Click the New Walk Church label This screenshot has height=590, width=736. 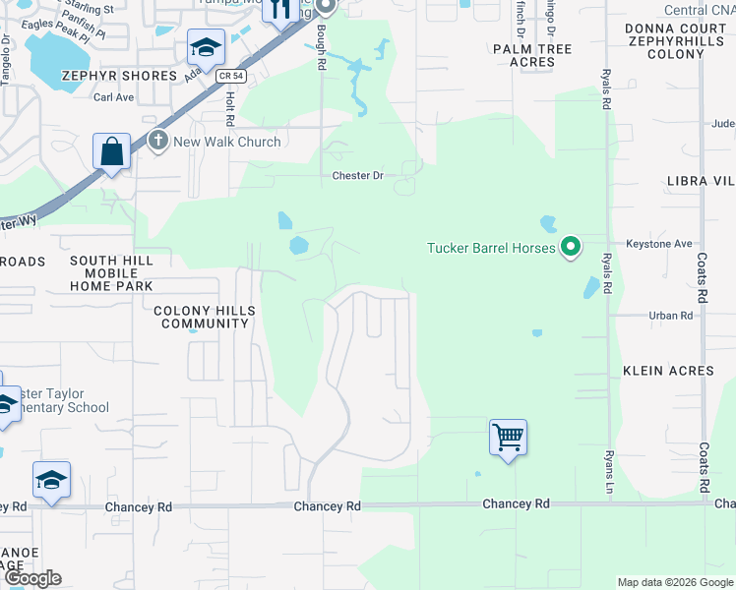pos(227,142)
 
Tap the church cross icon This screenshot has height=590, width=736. pos(158,141)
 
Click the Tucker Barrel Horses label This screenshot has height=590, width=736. pos(492,247)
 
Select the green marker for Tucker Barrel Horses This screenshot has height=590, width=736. pos(570,246)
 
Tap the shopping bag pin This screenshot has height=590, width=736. pos(112,152)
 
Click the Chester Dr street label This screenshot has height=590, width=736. pos(356,176)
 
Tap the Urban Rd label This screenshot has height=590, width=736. pos(671,316)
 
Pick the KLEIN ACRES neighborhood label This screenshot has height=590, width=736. pos(668,371)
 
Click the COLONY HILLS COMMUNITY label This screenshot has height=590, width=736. pos(205,317)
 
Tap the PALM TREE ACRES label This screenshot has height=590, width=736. pos(532,55)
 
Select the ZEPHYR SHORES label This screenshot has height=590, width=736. pos(111,75)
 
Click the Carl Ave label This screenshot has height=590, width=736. pos(113,97)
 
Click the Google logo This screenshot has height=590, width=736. pos(32,578)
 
